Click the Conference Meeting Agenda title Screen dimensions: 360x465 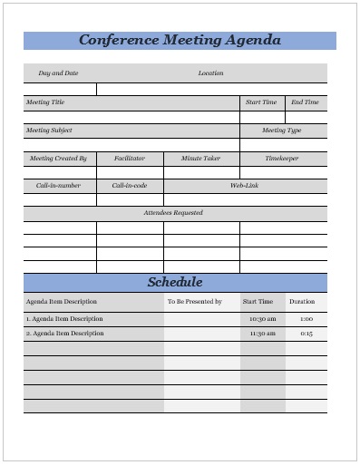(180, 41)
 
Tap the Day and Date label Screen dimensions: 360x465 (58, 73)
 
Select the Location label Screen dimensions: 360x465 (210, 73)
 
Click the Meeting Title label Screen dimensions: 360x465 (45, 102)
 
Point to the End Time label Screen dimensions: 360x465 (305, 102)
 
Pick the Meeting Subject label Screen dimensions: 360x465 (49, 131)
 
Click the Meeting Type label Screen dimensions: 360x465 (281, 131)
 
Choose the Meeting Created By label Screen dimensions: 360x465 (58, 159)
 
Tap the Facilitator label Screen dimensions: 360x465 (130, 159)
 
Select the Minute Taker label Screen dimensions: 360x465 (200, 159)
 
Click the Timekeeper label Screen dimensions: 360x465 (281, 159)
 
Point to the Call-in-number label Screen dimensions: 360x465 (58, 186)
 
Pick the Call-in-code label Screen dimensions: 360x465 (130, 186)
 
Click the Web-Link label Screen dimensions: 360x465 (245, 186)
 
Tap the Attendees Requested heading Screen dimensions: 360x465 (173, 213)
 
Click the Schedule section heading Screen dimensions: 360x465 (175, 282)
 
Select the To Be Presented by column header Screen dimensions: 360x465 (194, 301)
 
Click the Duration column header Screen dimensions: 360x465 (302, 301)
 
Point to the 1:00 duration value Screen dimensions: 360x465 (306, 319)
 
